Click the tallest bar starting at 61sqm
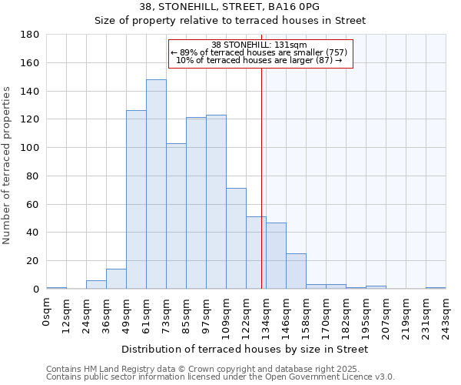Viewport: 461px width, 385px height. coord(156,184)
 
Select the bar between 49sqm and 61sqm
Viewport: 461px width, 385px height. coord(136,199)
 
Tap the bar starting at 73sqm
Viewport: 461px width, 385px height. coord(176,216)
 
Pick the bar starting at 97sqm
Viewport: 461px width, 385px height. coord(216,202)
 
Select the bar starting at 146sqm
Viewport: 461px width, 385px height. coord(296,271)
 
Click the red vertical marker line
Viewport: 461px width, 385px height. coord(262,177)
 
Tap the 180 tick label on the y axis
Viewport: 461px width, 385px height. coord(31,35)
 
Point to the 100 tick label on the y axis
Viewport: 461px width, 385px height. coord(31,148)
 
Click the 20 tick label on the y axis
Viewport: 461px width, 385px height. coord(33,261)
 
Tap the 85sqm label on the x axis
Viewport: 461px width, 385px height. coord(186,313)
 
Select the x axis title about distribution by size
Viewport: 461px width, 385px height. coord(245,349)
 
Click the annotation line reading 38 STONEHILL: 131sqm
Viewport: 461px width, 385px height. coord(259,45)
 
